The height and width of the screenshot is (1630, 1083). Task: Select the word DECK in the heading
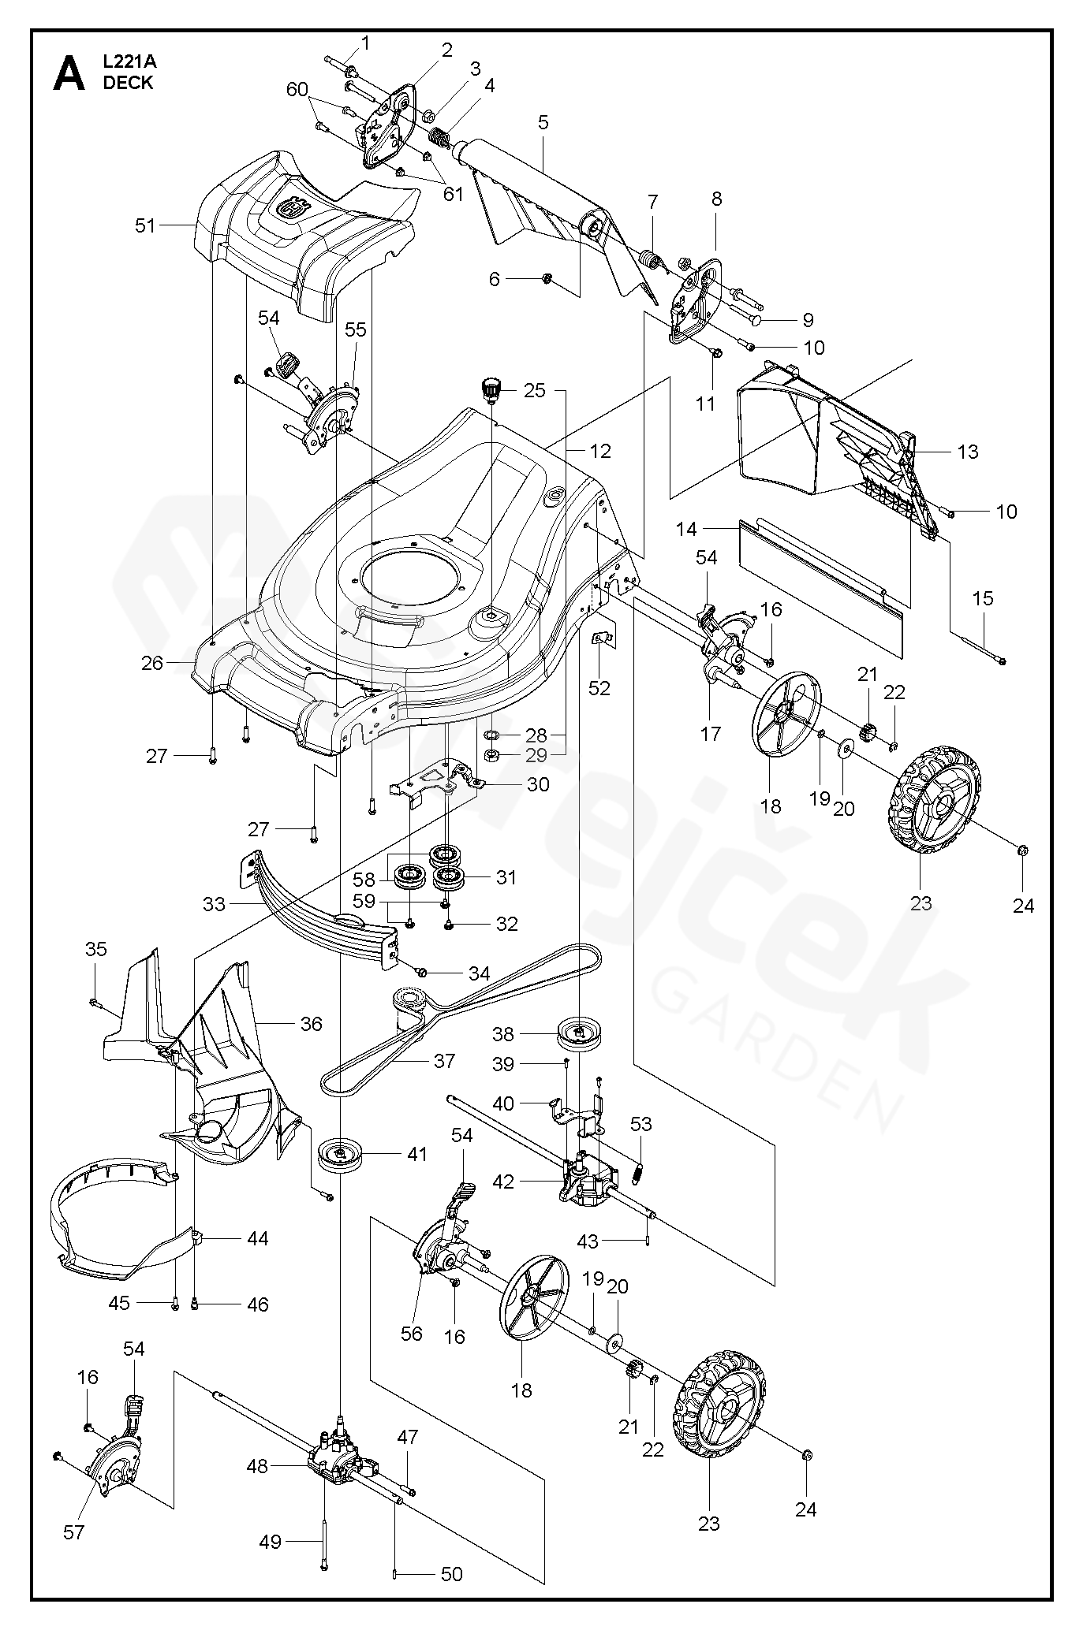tap(128, 84)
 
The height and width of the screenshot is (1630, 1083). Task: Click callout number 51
tap(145, 225)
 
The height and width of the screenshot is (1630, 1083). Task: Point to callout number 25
tap(535, 390)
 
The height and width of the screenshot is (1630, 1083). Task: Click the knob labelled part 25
tap(494, 389)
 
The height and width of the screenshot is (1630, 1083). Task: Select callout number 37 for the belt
tap(444, 1061)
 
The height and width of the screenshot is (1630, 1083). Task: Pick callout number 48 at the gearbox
tap(257, 1466)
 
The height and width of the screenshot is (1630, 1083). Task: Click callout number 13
tap(967, 452)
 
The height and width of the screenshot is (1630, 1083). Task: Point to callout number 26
tap(152, 663)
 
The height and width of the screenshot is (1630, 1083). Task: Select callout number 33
tap(214, 904)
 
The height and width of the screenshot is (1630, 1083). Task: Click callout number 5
tap(543, 122)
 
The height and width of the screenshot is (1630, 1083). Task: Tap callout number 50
tap(451, 1574)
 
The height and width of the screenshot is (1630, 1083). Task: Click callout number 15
tap(983, 598)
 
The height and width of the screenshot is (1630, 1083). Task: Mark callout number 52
tap(599, 687)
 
